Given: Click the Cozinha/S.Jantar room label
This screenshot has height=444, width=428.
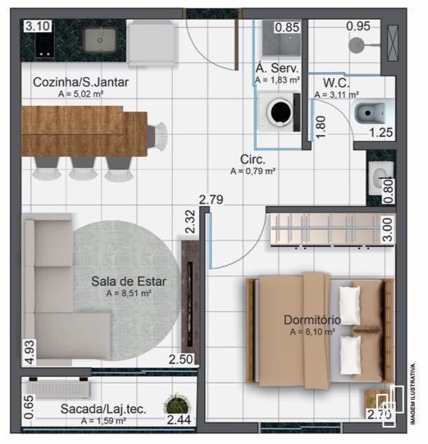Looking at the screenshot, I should click(81, 82).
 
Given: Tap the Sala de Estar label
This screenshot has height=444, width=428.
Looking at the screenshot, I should click(129, 282).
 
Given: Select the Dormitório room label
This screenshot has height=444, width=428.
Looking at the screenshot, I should click(312, 320).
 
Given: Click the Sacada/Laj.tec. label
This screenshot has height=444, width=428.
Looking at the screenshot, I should click(102, 409).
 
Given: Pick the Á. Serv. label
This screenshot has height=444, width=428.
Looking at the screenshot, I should click(277, 68).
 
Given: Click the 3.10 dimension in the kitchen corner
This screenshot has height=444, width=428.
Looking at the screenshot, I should click(37, 26).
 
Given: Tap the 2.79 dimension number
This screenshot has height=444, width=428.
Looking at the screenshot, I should click(212, 199).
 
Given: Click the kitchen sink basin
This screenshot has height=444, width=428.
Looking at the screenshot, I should click(102, 37).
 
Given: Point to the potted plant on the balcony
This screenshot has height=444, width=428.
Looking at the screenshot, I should click(175, 404).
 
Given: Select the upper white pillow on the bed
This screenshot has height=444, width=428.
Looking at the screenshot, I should click(351, 304).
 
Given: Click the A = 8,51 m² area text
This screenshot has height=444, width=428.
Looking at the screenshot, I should click(129, 293).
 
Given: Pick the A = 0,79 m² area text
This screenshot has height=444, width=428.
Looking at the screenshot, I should click(253, 172).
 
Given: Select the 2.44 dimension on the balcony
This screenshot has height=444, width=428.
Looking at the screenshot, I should click(180, 420).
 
